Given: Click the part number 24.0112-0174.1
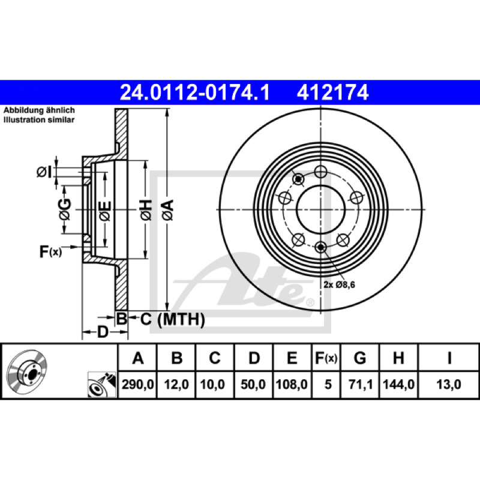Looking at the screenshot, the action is pos(194,92).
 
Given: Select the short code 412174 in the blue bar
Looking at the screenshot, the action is pos(333,92).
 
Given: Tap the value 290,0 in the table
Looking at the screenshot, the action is pos(138,384).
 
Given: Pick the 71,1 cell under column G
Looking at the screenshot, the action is pos(361,384).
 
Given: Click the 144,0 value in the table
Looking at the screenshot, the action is pos(398,384).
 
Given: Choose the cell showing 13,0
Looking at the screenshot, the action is pos(448,384).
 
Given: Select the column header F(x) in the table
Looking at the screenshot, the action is pos(326,358).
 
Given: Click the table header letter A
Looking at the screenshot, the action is pos(138,358).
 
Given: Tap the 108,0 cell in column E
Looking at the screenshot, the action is pos(292,384).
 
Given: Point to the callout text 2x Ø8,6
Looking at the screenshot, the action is pos(339,284).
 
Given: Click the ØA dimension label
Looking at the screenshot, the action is pos(168,210).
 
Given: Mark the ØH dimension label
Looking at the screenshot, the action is pos(146,210).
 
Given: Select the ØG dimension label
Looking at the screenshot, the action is pos(65,209).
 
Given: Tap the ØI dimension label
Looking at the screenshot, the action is pos(44,173).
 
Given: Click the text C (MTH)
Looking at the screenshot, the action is pos(172,320).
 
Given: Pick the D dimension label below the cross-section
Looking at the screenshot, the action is pos(103,332).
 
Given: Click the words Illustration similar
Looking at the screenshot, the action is pos(39,119).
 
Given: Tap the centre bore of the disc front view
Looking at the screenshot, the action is pos(320,209).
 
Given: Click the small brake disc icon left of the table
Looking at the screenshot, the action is pos(27,370).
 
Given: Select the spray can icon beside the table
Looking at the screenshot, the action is pos(102,385).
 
